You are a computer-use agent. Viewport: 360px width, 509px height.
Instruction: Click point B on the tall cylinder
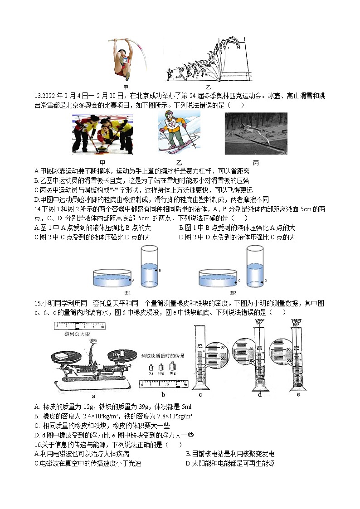(156, 270)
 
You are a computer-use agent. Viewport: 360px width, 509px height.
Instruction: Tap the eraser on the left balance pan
(60, 357)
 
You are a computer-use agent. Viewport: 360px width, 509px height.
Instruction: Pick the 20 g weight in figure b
(172, 366)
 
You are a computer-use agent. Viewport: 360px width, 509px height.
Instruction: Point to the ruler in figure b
(164, 384)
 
